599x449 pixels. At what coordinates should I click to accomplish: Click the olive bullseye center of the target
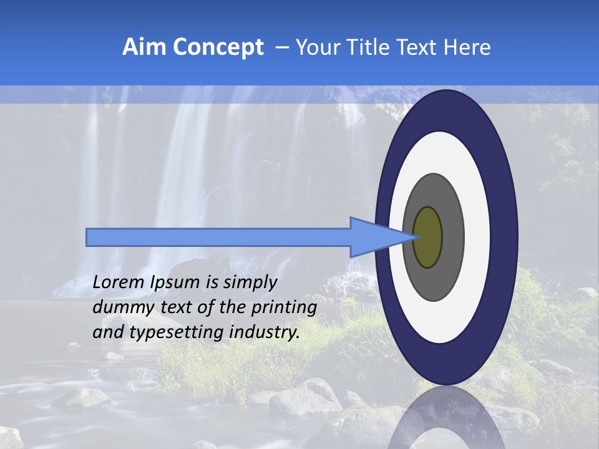click(427, 237)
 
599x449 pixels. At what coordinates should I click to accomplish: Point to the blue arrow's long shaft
click(218, 237)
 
